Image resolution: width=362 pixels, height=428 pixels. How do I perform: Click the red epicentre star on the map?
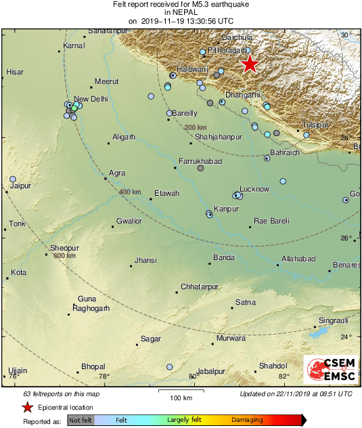250,64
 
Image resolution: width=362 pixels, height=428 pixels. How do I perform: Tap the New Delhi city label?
90,99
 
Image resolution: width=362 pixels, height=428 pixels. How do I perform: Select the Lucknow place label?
255,188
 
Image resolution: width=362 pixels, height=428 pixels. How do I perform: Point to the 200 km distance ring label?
195,127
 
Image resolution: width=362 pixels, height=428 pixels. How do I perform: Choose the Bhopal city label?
93,366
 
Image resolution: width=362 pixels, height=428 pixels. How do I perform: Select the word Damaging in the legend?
247,420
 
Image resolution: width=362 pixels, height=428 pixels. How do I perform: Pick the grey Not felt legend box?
81,421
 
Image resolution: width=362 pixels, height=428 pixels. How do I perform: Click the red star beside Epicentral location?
26,407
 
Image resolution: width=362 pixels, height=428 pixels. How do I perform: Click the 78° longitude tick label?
104,377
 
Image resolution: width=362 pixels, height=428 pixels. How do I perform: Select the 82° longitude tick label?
283,377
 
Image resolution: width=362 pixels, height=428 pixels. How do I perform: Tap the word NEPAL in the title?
179,12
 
